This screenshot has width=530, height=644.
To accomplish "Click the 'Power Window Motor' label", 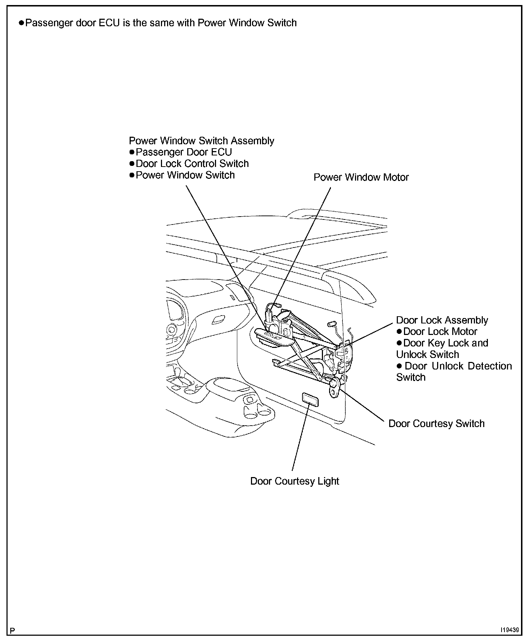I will click(x=361, y=177).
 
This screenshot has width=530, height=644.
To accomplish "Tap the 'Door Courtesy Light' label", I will click(x=295, y=481).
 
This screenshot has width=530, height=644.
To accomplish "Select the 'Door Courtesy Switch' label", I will click(x=436, y=423).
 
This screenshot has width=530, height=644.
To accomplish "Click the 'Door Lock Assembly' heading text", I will click(x=442, y=320).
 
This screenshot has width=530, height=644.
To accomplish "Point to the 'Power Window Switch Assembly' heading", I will click(x=201, y=141).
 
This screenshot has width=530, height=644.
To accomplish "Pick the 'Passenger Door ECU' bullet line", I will click(x=184, y=152).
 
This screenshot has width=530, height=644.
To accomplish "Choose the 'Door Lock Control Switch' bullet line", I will click(x=192, y=164).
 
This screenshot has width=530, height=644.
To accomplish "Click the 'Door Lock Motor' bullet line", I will click(x=440, y=332).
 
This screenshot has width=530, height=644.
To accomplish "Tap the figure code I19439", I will click(x=509, y=630).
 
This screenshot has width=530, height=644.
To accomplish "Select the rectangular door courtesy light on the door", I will click(x=310, y=399).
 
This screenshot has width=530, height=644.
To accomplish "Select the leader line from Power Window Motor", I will click(x=302, y=245).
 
